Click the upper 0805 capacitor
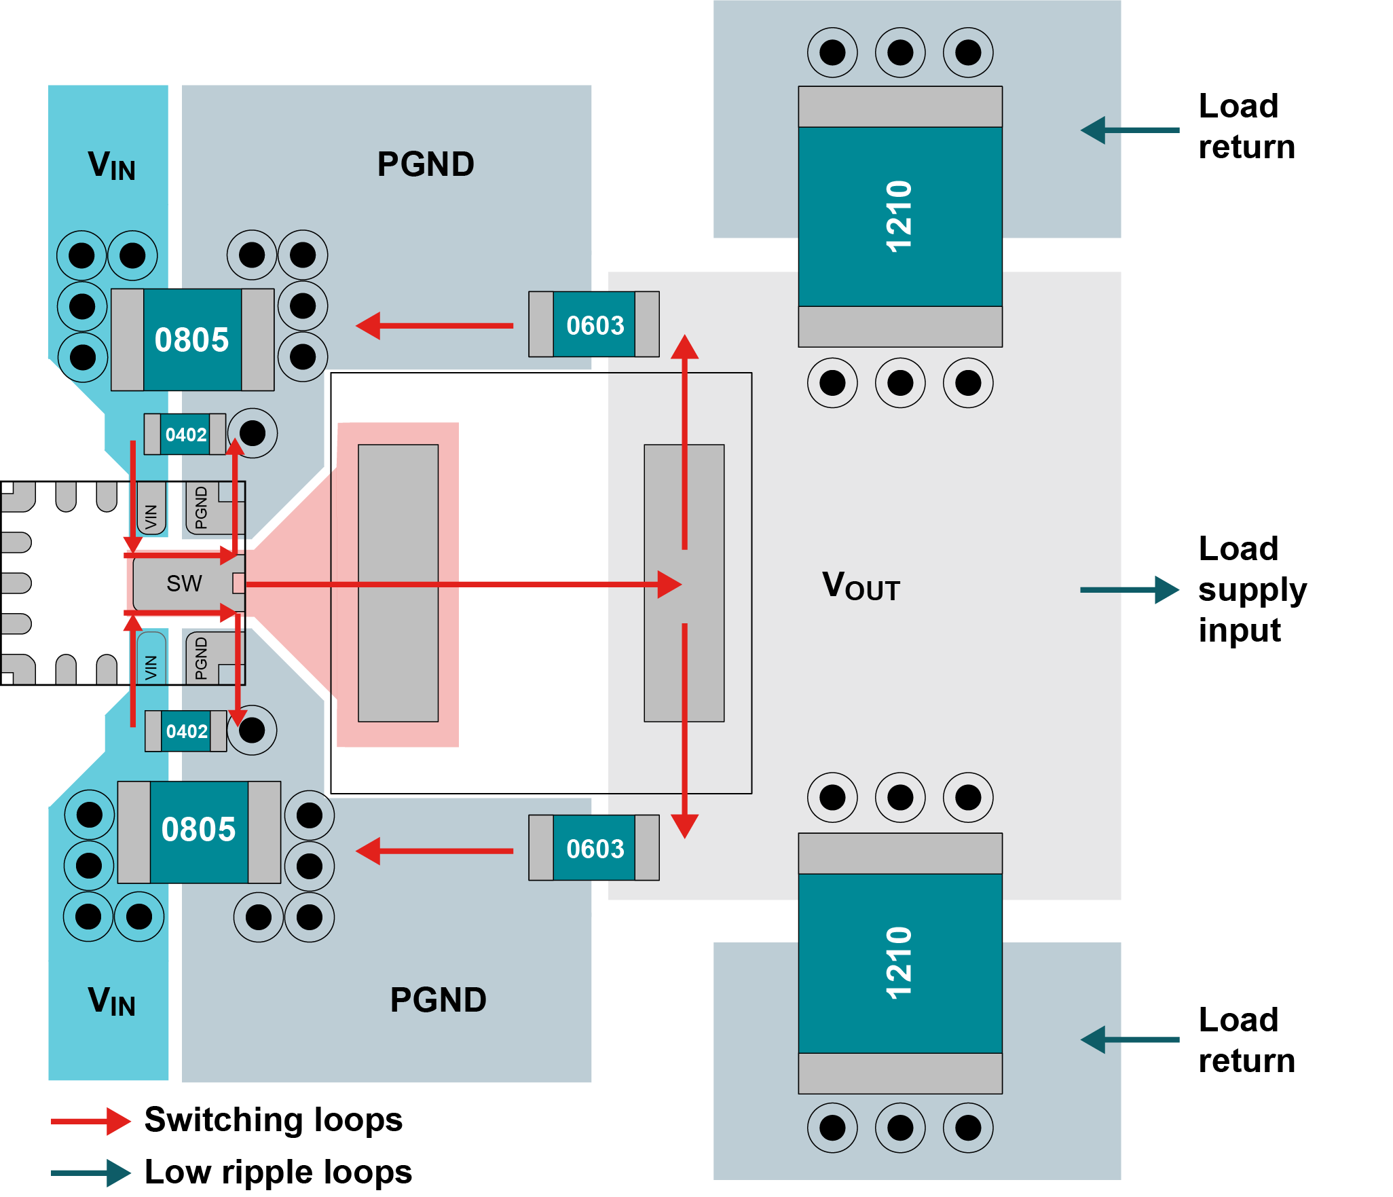pyautogui.click(x=192, y=339)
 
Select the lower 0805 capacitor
pyautogui.click(x=199, y=831)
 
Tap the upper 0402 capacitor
pyautogui.click(x=185, y=435)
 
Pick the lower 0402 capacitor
pyautogui.click(x=186, y=731)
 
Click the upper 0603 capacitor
pyautogui.click(x=594, y=325)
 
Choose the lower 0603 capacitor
pyautogui.click(x=594, y=848)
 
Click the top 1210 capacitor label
pyautogui.click(x=899, y=216)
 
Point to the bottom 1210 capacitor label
pyautogui.click(x=899, y=963)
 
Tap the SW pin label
pyautogui.click(x=184, y=583)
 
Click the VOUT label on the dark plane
pyautogui.click(x=861, y=586)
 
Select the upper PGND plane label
pyautogui.click(x=426, y=164)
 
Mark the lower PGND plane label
pyautogui.click(x=438, y=1000)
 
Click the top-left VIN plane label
pyautogui.click(x=111, y=166)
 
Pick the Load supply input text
pyautogui.click(x=1251, y=589)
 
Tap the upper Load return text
pyautogui.click(x=1246, y=126)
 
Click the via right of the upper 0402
pyautogui.click(x=253, y=433)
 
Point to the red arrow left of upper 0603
pyautogui.click(x=434, y=326)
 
